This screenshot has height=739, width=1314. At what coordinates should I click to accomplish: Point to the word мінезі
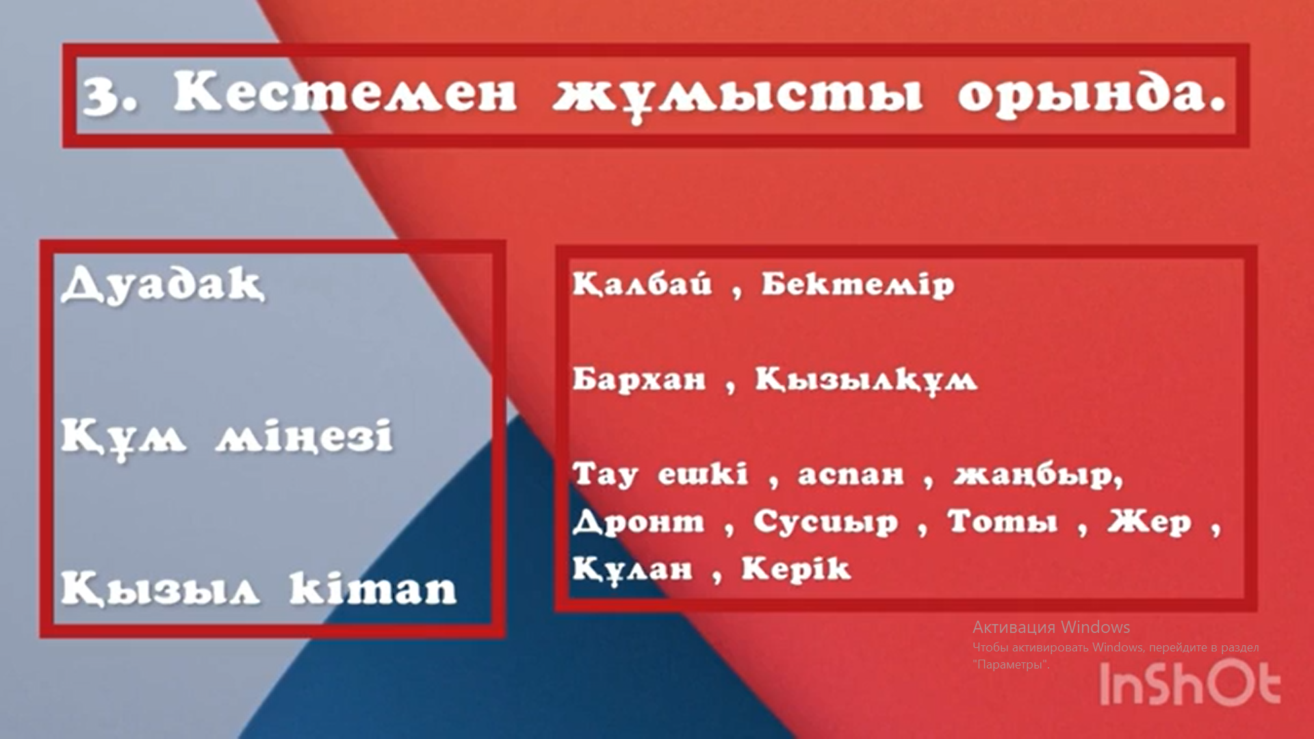305,436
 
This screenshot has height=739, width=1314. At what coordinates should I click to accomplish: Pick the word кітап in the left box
373,588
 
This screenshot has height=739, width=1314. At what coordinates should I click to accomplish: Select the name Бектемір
858,284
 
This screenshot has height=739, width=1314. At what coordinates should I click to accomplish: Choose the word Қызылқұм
866,379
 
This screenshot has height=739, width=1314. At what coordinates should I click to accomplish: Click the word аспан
851,475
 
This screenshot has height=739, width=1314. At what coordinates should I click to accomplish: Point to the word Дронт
639,522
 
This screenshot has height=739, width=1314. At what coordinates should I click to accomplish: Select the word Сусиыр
825,522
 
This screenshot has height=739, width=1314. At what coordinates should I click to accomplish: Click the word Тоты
1003,521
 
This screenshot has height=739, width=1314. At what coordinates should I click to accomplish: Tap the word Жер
1149,522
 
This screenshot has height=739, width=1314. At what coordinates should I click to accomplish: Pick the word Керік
796,568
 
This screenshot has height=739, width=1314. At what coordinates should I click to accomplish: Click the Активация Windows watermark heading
1051,627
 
